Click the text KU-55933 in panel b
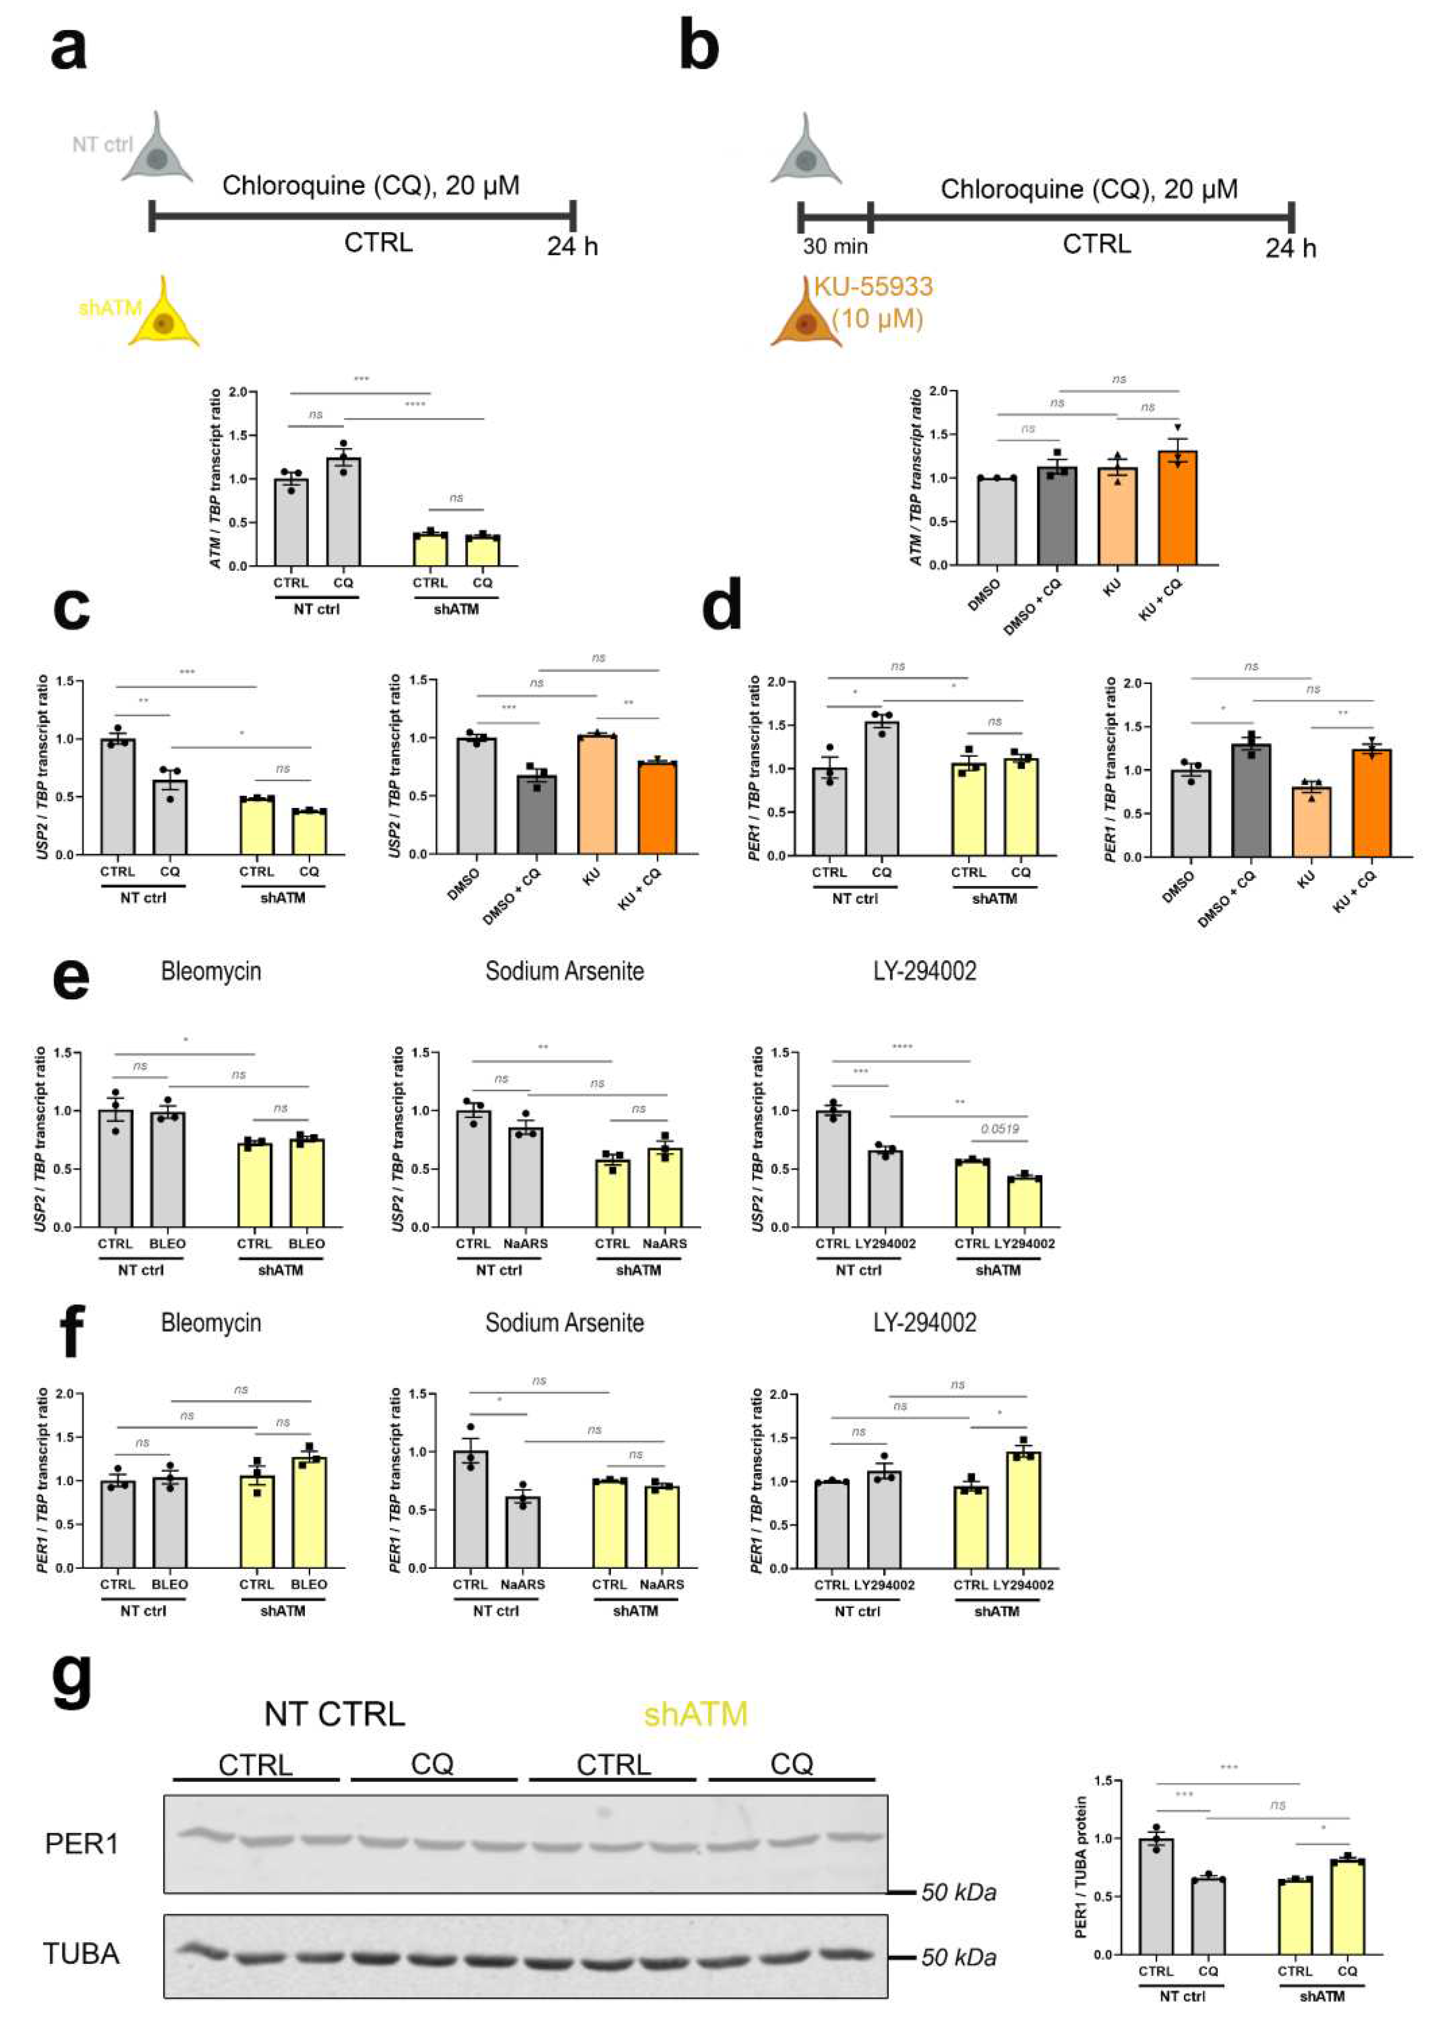pyautogui.click(x=872, y=287)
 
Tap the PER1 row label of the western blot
pyautogui.click(x=81, y=1844)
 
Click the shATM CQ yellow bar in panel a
pyautogui.click(x=482, y=550)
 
